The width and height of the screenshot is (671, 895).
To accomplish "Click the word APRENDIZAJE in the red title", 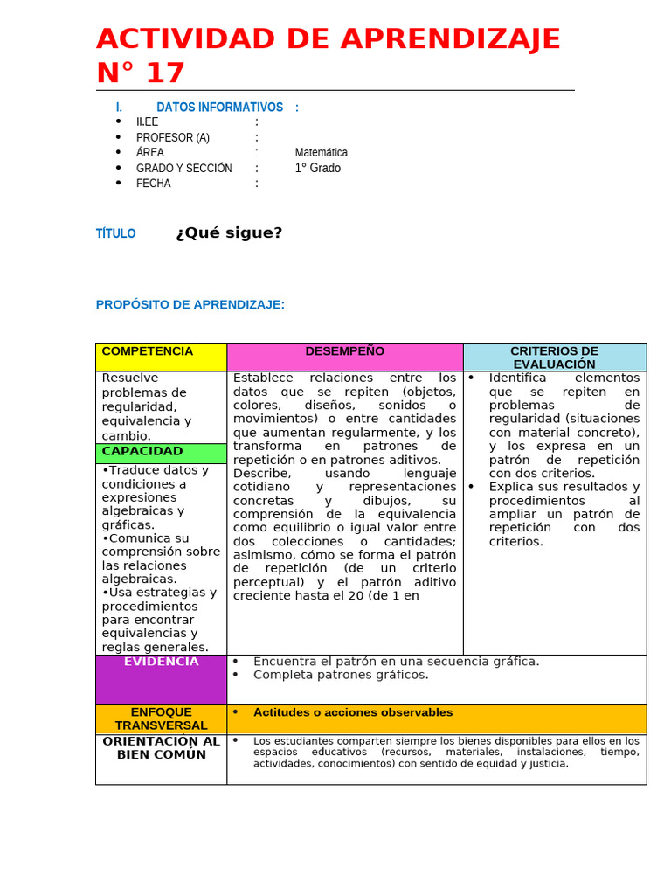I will tap(450, 39).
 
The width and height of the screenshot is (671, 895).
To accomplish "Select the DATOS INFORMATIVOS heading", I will tap(219, 108).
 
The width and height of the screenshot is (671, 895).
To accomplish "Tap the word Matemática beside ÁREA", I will tap(321, 152).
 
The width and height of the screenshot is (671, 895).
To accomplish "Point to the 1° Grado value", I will tap(318, 168).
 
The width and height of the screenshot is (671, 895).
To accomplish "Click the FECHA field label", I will tap(154, 184).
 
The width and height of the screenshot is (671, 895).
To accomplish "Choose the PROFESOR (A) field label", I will tap(173, 137).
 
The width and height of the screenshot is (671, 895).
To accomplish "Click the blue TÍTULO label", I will tap(115, 233).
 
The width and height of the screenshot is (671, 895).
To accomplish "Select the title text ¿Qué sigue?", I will tap(229, 232).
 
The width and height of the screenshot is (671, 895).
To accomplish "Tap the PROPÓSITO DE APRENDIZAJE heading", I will tap(190, 304).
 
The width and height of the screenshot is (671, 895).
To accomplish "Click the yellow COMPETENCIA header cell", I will tap(161, 357).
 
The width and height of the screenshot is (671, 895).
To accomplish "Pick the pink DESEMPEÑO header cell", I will tap(344, 357).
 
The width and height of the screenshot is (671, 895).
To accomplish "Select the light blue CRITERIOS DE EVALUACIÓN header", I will tap(554, 357).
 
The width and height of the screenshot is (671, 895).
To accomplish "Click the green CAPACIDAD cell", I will tap(161, 453).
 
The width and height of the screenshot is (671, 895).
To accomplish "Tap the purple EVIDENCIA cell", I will tap(161, 679).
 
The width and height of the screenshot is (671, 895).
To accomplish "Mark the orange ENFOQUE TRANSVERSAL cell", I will tap(161, 718).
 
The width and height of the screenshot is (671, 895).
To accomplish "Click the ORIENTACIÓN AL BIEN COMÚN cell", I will tap(161, 758).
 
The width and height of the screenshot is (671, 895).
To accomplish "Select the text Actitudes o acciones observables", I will tap(353, 712).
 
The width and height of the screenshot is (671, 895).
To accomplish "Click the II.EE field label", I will tap(147, 122).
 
